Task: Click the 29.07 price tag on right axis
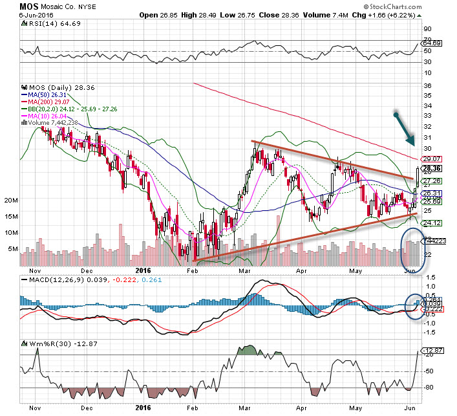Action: point(432,158)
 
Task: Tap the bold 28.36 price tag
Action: point(432,167)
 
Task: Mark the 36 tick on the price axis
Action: point(427,85)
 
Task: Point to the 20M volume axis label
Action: point(10,201)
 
